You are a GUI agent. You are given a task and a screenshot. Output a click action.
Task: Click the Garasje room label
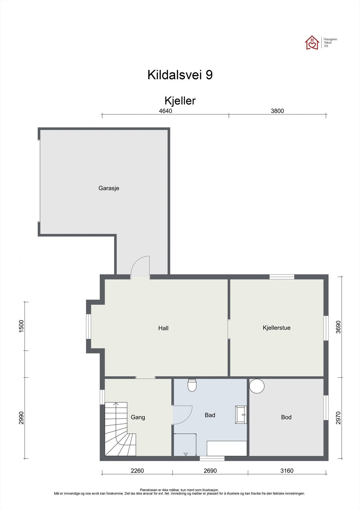point(109,188)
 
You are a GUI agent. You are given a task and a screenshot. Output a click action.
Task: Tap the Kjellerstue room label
point(276,328)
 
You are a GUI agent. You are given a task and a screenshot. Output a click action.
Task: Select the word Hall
point(163,328)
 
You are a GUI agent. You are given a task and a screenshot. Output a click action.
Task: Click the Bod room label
point(286,417)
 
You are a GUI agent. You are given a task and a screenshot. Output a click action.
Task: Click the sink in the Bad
point(241,415)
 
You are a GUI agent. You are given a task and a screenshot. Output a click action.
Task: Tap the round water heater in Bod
point(257,386)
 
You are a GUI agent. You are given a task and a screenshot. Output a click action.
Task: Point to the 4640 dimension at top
point(165,111)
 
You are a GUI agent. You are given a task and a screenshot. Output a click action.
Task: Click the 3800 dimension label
point(277,111)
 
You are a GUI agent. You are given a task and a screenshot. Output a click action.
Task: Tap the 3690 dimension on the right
point(338,327)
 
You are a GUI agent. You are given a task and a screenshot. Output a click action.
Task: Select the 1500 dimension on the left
point(22,326)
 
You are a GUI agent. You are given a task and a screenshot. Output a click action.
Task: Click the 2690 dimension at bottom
point(210,471)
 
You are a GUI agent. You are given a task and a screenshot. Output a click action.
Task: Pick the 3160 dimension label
point(287,471)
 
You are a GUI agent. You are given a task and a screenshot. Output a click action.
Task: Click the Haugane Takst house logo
point(312,42)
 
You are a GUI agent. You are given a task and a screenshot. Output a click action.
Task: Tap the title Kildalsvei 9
point(180,75)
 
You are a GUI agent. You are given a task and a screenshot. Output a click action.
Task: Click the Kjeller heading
point(180,101)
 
